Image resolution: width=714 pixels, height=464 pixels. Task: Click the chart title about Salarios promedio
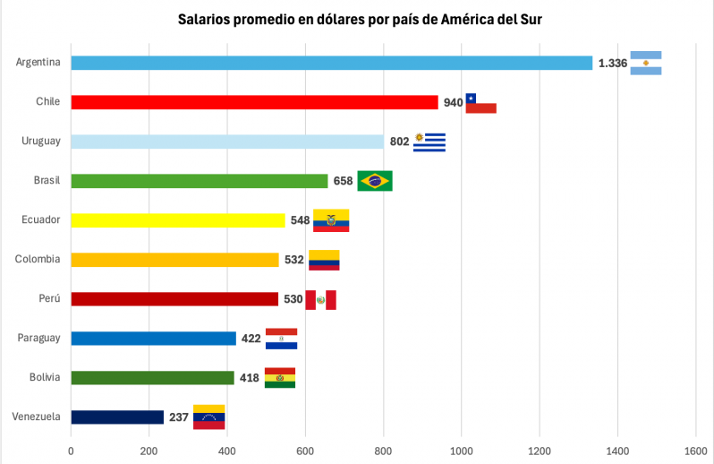pyautogui.click(x=357, y=19)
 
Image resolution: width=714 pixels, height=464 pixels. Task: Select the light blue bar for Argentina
pyautogui.click(x=331, y=63)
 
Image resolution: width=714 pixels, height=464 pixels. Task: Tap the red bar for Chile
pyautogui.click(x=254, y=102)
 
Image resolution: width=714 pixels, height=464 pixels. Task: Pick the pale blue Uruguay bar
pyautogui.click(x=226, y=142)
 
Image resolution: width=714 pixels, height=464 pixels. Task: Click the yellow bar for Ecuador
pyautogui.click(x=177, y=220)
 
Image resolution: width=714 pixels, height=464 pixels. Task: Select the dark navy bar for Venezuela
pyautogui.click(x=117, y=417)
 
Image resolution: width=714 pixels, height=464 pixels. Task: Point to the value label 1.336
pyautogui.click(x=612, y=63)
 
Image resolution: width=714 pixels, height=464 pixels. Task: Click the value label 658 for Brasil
pyautogui.click(x=343, y=181)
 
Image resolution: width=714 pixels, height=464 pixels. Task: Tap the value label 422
pyautogui.click(x=251, y=339)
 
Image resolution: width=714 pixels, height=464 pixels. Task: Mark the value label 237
pyautogui.click(x=179, y=417)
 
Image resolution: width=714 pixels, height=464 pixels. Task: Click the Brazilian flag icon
pyautogui.click(x=374, y=181)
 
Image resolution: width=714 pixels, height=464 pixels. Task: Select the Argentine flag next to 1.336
pyautogui.click(x=645, y=63)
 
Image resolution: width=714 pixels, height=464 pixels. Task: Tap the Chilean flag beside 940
pyautogui.click(x=480, y=103)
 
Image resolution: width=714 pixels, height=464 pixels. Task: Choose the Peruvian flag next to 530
pyautogui.click(x=320, y=299)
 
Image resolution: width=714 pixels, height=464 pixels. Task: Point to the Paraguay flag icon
pyautogui.click(x=281, y=339)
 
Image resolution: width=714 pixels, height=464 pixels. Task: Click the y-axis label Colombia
pyautogui.click(x=38, y=260)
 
